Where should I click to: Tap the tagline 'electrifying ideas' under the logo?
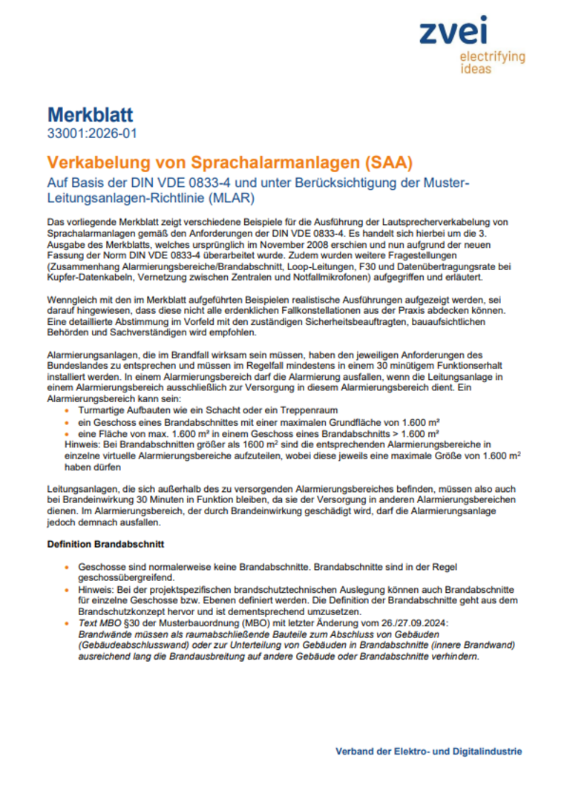(492, 62)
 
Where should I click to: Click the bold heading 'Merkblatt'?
(90, 115)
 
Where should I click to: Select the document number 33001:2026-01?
(91, 134)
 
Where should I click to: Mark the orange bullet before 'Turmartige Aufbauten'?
(68, 410)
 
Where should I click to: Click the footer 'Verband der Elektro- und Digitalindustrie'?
(428, 751)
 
